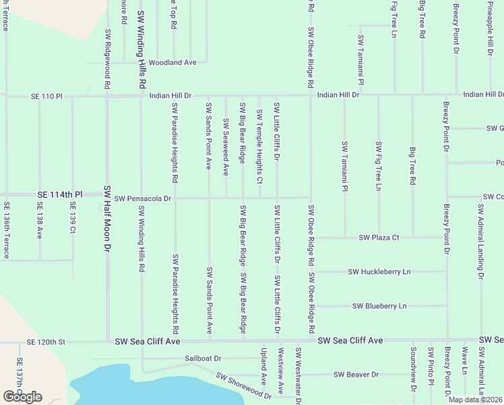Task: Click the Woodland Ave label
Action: pos(172,62)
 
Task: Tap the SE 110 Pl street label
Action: pos(46,97)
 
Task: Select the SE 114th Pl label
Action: pos(60,194)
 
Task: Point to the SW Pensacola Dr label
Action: pos(144,199)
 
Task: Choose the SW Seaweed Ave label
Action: pos(226,139)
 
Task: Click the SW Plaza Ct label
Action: pos(379,238)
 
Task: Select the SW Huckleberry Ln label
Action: pos(379,272)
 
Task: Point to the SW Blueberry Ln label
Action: pos(379,306)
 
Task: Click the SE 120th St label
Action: pos(46,342)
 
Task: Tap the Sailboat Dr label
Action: pos(203,358)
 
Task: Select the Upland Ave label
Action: pos(263,363)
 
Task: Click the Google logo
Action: pos(22,397)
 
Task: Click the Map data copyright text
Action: pos(475,400)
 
